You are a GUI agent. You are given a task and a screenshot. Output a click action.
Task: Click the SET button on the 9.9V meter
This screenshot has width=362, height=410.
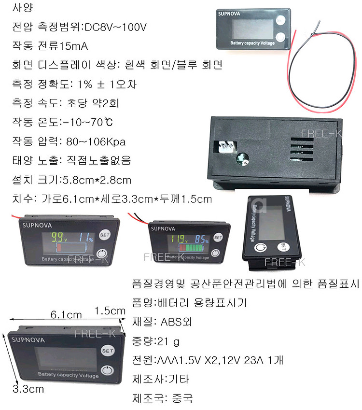105,235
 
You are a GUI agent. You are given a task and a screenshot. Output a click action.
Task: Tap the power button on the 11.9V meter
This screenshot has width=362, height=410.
215,253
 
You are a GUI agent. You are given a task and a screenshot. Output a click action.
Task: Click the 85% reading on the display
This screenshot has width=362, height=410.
202,239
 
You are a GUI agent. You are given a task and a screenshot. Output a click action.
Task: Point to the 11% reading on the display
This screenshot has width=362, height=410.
86,238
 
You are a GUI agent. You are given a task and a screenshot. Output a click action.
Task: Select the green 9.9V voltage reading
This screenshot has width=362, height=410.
59,237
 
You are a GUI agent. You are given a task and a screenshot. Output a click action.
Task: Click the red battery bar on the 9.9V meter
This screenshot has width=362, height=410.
59,247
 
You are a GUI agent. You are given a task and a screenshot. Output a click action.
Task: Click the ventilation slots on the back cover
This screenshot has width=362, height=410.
302,149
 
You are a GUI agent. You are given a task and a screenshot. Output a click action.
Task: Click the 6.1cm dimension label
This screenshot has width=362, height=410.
66,314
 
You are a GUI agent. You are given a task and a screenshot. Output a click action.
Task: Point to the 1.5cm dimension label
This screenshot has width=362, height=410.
110,311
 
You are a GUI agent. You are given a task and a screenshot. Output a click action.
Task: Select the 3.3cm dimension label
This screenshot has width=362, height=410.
28,389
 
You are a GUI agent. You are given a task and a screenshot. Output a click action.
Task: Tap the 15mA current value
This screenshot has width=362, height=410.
73,46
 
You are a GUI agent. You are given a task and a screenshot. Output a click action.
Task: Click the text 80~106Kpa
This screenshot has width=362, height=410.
96,141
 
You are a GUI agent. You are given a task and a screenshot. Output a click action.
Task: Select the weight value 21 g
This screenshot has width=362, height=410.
168,341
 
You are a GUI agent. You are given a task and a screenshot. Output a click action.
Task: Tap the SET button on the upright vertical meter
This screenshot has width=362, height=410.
283,246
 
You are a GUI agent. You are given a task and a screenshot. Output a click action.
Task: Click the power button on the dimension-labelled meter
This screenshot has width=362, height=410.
108,370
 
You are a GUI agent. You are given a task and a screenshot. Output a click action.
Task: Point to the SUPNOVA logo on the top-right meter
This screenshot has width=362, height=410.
229,14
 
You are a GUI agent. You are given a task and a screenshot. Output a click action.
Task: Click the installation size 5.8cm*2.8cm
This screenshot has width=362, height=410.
97,180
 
